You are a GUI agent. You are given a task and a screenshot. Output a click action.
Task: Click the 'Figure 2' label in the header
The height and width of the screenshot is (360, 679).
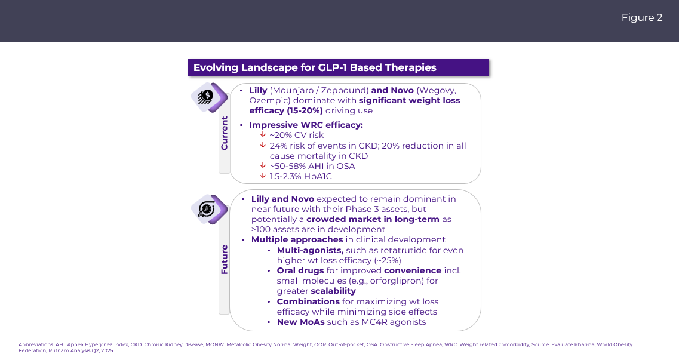641,18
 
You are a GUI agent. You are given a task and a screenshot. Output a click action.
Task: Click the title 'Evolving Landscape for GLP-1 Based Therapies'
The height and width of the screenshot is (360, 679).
315,67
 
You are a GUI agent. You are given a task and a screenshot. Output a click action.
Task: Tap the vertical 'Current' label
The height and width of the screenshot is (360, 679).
225,133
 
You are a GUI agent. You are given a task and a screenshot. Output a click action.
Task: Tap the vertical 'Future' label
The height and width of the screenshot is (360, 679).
225,259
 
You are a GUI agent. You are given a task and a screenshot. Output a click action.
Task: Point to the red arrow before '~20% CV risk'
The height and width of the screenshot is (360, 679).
262,135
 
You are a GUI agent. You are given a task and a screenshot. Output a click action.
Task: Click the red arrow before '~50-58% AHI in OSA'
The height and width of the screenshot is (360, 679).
262,165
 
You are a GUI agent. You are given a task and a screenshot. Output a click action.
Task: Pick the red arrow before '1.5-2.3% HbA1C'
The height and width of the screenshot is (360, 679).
262,176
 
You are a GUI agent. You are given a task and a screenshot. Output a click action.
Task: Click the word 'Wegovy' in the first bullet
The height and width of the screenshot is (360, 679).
438,90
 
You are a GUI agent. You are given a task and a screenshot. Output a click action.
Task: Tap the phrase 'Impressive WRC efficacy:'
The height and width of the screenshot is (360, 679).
306,125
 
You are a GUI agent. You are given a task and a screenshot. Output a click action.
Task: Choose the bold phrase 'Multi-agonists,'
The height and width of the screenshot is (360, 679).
310,250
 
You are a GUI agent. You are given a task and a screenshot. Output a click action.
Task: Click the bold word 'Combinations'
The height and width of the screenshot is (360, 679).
308,301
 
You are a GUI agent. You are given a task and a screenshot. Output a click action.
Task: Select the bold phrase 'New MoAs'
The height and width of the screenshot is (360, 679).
300,322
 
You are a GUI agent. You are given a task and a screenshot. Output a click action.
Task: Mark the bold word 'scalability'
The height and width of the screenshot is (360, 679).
333,291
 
